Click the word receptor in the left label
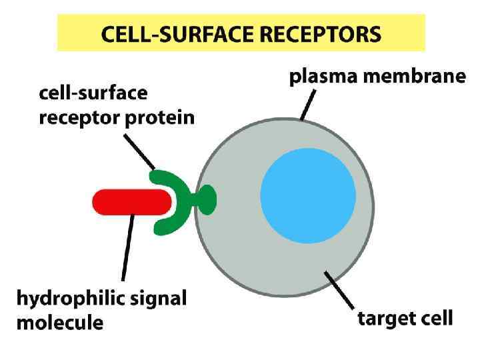77,119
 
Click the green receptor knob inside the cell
207,200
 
